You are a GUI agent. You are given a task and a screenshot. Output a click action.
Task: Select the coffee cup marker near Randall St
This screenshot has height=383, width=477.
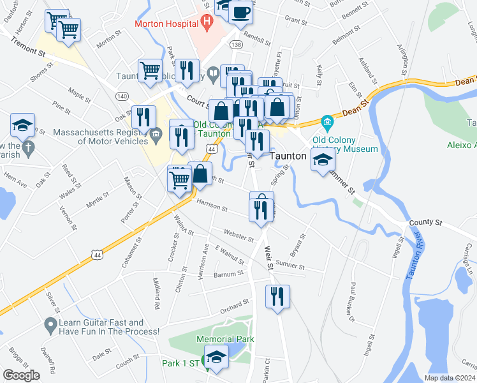pyautogui.click(x=240, y=13)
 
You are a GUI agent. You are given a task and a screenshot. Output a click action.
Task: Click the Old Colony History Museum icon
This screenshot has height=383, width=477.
pyautogui.click(x=327, y=121)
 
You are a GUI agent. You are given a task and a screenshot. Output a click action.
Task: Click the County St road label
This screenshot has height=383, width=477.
pyautogui.click(x=425, y=222)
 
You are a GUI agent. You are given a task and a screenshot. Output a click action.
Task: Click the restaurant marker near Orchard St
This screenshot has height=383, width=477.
pyautogui.click(x=277, y=296)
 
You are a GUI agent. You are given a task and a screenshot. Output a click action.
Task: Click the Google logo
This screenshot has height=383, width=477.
pyautogui.click(x=21, y=375)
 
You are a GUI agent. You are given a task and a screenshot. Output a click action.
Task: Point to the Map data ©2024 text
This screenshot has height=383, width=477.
pyautogui.click(x=450, y=378)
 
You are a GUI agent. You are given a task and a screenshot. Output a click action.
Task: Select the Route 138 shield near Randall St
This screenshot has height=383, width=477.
pyautogui.click(x=236, y=45)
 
